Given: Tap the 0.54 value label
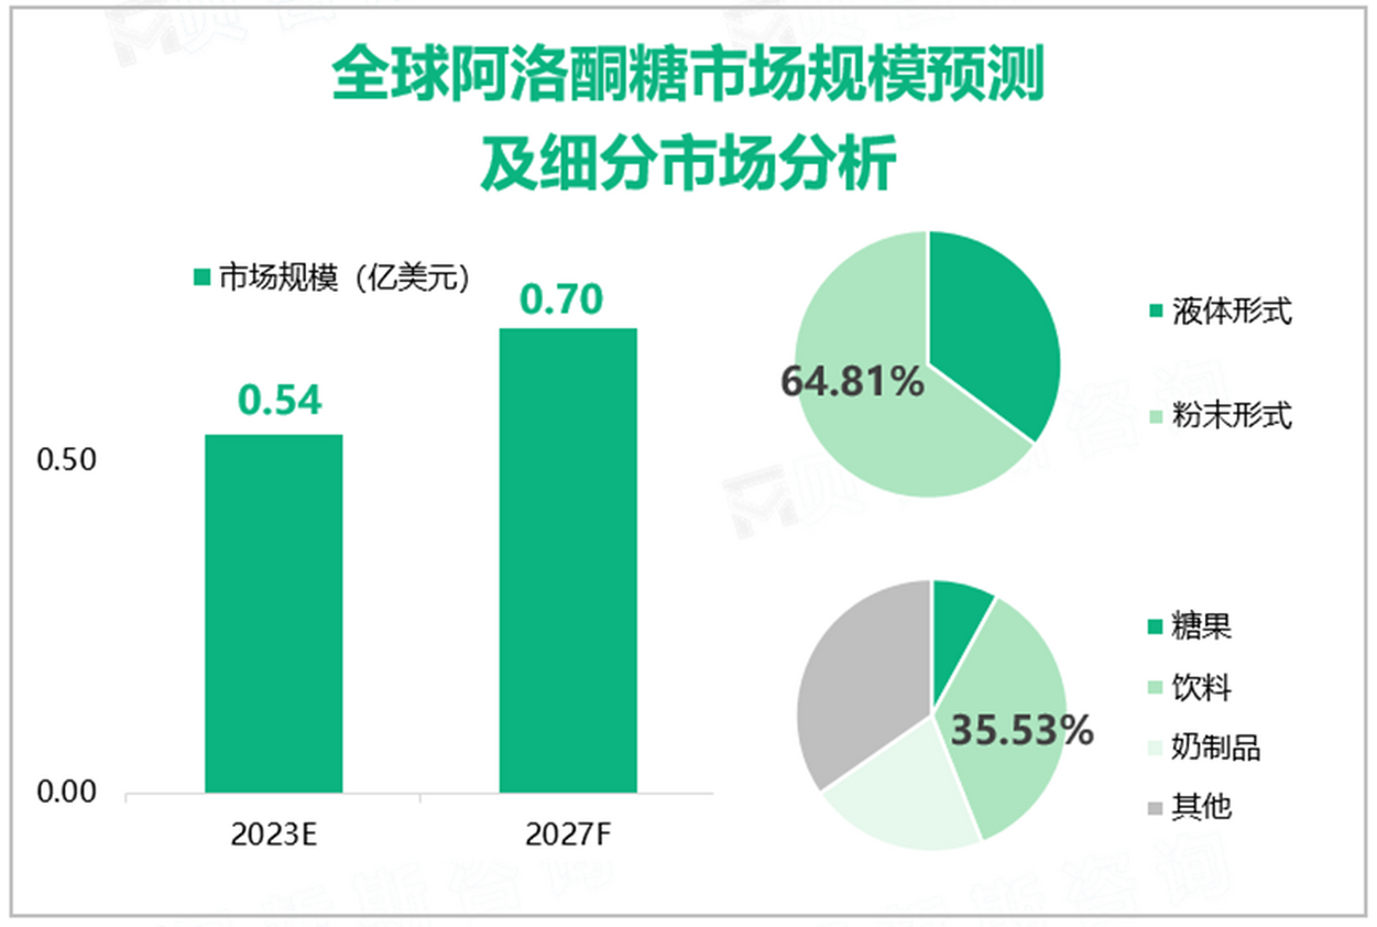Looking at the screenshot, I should point(279,400).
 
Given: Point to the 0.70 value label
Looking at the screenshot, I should point(561,299).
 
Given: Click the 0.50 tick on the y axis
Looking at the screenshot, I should point(66,460).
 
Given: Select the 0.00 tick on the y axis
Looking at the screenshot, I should point(66,792).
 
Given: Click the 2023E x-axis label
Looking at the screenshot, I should point(274,834).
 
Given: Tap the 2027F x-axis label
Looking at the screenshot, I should point(568,834).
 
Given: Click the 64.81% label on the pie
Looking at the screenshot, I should point(852,382).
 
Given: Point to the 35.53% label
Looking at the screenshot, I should point(1022,729).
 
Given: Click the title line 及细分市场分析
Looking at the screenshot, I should point(688,163).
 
